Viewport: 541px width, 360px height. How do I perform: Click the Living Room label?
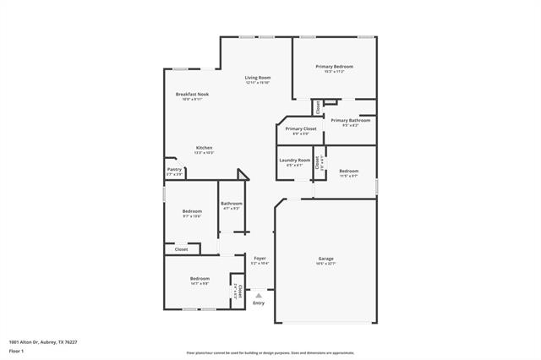pyautogui.click(x=257, y=78)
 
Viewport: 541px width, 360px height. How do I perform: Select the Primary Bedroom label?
pyautogui.click(x=335, y=66)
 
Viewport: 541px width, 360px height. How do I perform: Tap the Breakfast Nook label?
pyautogui.click(x=192, y=94)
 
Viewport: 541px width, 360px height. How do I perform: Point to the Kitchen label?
pyautogui.click(x=204, y=148)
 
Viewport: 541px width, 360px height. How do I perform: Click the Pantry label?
pyautogui.click(x=174, y=168)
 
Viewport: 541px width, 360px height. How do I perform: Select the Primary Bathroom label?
pyautogui.click(x=350, y=120)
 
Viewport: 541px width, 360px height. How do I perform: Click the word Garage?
pyautogui.click(x=325, y=259)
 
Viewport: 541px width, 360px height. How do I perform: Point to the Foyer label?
pyautogui.click(x=260, y=259)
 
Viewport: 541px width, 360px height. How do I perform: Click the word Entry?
pyautogui.click(x=259, y=303)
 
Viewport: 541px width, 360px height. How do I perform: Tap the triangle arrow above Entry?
pyautogui.click(x=259, y=295)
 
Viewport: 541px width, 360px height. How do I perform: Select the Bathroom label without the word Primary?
pyautogui.click(x=232, y=204)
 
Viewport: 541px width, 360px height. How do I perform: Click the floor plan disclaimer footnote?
pyautogui.click(x=270, y=352)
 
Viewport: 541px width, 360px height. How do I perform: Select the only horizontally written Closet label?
pyautogui.click(x=182, y=249)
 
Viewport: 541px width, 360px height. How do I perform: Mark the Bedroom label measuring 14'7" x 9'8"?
pyautogui.click(x=199, y=278)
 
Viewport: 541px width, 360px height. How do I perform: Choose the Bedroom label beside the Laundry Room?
pyautogui.click(x=349, y=171)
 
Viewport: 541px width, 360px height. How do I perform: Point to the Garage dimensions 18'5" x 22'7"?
pyautogui.click(x=325, y=265)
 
